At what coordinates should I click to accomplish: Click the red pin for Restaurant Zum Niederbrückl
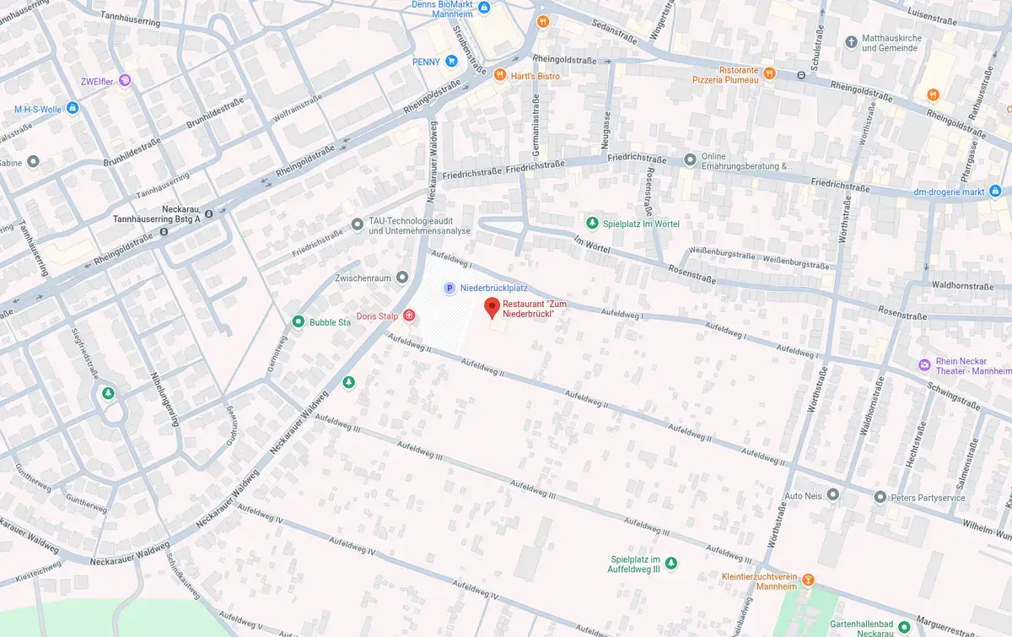click(492, 307)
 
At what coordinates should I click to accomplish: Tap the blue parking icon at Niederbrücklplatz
click(449, 289)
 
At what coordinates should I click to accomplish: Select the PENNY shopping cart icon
click(452, 61)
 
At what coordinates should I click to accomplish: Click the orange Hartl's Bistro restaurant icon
click(500, 75)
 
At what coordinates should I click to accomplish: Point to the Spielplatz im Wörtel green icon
click(592, 223)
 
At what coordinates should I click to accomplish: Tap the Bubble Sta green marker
click(298, 321)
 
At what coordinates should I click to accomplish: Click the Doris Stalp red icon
click(409, 316)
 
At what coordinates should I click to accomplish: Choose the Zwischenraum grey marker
click(402, 277)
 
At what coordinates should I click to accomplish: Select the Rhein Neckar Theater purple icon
click(924, 364)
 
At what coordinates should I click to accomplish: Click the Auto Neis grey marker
click(833, 494)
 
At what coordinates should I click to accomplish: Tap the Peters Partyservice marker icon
click(880, 497)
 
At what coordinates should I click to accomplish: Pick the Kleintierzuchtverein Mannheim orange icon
click(808, 579)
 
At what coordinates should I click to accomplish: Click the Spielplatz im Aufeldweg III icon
click(671, 562)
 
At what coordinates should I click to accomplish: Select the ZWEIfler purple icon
click(125, 80)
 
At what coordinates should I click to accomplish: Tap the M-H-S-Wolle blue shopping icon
click(73, 108)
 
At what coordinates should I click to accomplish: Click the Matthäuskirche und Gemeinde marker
click(852, 40)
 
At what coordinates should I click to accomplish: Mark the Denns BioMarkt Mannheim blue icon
click(484, 8)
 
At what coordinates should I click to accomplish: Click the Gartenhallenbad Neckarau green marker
click(904, 627)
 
